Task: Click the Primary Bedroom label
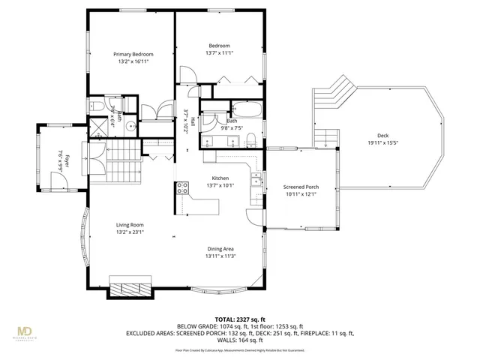133,55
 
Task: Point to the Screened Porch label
301,187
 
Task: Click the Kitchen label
219,178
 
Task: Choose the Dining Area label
220,249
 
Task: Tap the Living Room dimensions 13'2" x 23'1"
130,232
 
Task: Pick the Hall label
193,121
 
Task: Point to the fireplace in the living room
130,289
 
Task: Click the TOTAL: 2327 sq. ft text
239,319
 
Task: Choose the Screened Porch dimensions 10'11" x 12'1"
301,194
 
